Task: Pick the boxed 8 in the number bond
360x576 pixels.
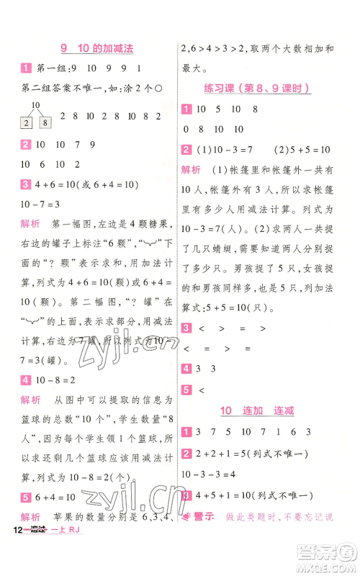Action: click(x=45, y=123)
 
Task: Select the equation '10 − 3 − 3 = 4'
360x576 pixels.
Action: click(x=214, y=474)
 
